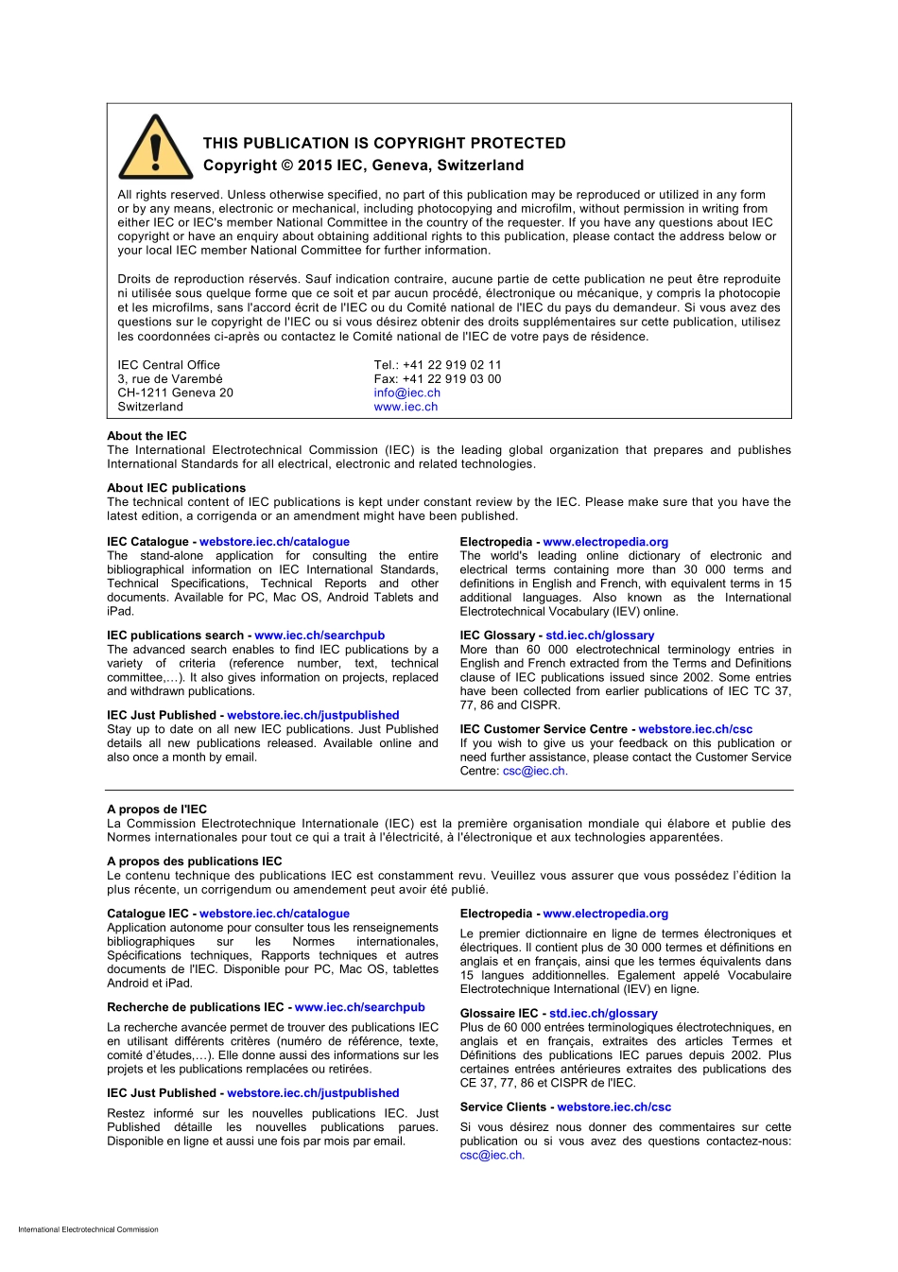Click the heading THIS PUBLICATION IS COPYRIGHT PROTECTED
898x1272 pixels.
tap(384, 143)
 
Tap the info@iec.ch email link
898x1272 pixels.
tap(406, 392)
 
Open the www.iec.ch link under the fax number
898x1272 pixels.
tap(406, 407)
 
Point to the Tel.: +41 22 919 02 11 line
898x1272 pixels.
tap(437, 365)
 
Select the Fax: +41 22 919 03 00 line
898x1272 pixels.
tap(437, 379)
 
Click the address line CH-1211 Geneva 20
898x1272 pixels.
tap(175, 392)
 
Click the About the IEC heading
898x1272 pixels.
tap(147, 436)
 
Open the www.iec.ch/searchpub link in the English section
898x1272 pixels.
tap(319, 636)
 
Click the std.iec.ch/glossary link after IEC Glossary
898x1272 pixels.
tap(599, 636)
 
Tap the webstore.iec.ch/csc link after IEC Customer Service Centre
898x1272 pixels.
tap(695, 729)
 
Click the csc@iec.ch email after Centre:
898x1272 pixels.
tap(533, 771)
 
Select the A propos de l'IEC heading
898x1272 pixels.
tap(157, 810)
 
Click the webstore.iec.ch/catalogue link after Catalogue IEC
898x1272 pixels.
tap(274, 914)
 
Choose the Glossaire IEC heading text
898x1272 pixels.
tap(498, 1013)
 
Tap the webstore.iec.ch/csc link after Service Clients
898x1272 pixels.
tap(613, 1106)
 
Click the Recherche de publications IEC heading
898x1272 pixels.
tap(195, 1007)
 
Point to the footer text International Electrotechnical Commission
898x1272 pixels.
tap(88, 1229)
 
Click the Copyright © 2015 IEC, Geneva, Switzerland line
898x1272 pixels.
tap(363, 165)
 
